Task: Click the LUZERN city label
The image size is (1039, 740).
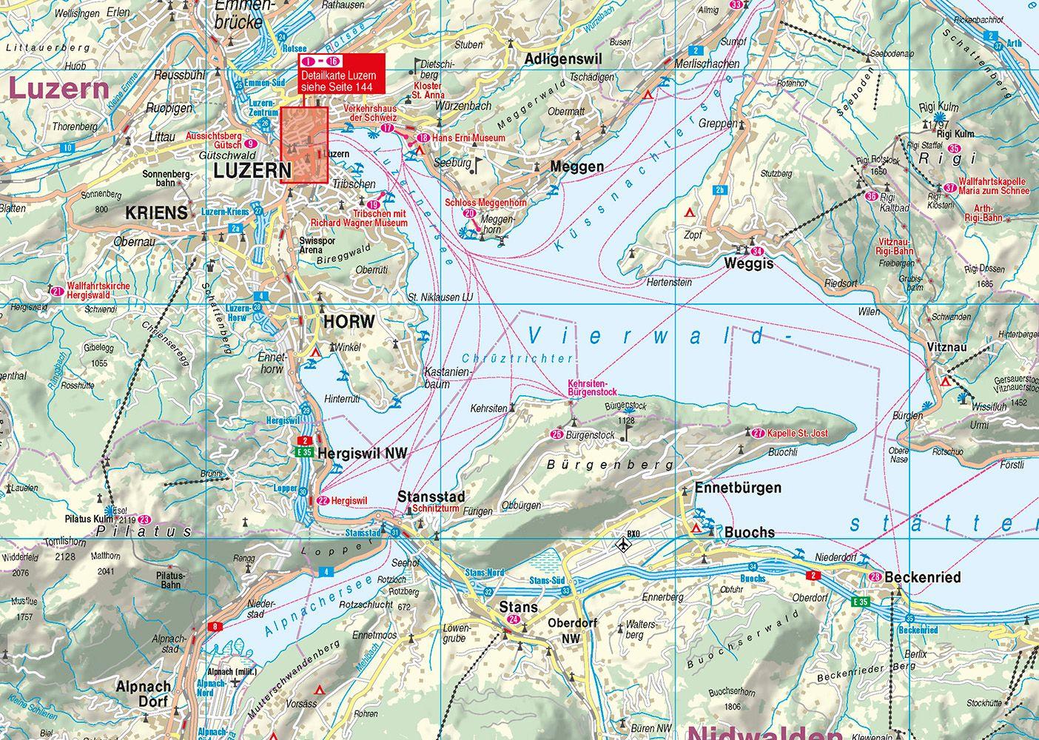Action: pyautogui.click(x=252, y=171)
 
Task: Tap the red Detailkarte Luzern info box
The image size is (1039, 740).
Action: pyautogui.click(x=342, y=73)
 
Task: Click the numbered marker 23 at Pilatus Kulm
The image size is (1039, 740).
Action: pyautogui.click(x=144, y=519)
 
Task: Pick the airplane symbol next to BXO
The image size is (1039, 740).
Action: pyautogui.click(x=624, y=545)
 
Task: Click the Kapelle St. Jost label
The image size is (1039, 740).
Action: pyautogui.click(x=797, y=434)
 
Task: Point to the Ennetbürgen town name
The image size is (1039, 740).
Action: pyautogui.click(x=738, y=488)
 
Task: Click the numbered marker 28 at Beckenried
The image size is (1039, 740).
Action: pyautogui.click(x=875, y=577)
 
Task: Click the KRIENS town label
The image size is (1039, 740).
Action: pyautogui.click(x=156, y=213)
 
